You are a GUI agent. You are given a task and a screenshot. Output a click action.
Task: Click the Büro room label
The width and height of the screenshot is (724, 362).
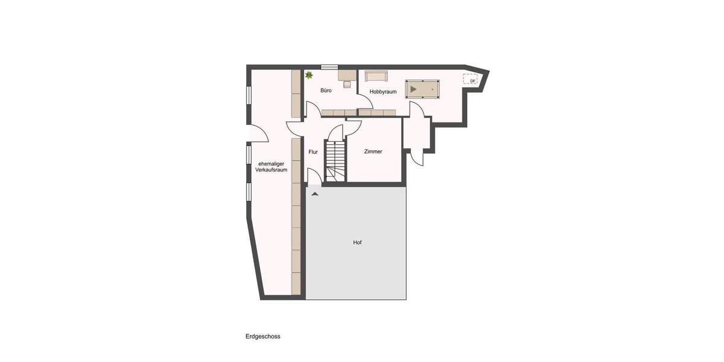click(326, 91)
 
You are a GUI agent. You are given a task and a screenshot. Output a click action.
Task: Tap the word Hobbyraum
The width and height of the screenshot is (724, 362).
click(383, 92)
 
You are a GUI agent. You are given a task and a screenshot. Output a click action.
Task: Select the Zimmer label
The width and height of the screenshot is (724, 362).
click(373, 151)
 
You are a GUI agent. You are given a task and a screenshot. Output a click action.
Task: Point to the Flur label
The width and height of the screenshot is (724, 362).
click(313, 152)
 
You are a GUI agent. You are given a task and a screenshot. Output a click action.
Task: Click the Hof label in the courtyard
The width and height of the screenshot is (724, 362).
click(357, 242)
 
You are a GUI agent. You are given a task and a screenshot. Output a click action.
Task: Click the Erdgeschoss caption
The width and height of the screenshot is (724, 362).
click(263, 337)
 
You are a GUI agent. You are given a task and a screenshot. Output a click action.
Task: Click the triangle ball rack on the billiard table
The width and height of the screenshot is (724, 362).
click(413, 89)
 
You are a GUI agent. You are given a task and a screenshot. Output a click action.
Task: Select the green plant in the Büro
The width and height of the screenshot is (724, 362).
click(310, 75)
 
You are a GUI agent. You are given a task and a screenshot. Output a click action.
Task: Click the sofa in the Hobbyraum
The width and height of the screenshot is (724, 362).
click(375, 75)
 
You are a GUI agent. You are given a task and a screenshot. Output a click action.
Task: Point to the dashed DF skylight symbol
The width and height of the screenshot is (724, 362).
click(471, 80)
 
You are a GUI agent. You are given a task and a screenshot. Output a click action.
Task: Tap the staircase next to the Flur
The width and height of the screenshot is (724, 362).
click(334, 160)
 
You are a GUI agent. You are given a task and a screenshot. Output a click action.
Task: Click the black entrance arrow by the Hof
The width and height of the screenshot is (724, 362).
click(314, 194)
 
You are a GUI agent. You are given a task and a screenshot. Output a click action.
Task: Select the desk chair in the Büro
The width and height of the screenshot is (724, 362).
click(347, 84)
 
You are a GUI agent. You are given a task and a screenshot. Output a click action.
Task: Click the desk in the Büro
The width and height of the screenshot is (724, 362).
click(346, 75)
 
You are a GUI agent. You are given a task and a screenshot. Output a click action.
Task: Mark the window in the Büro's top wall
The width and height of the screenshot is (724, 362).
click(329, 66)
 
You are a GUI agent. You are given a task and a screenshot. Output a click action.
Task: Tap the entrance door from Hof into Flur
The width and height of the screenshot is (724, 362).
click(314, 179)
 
